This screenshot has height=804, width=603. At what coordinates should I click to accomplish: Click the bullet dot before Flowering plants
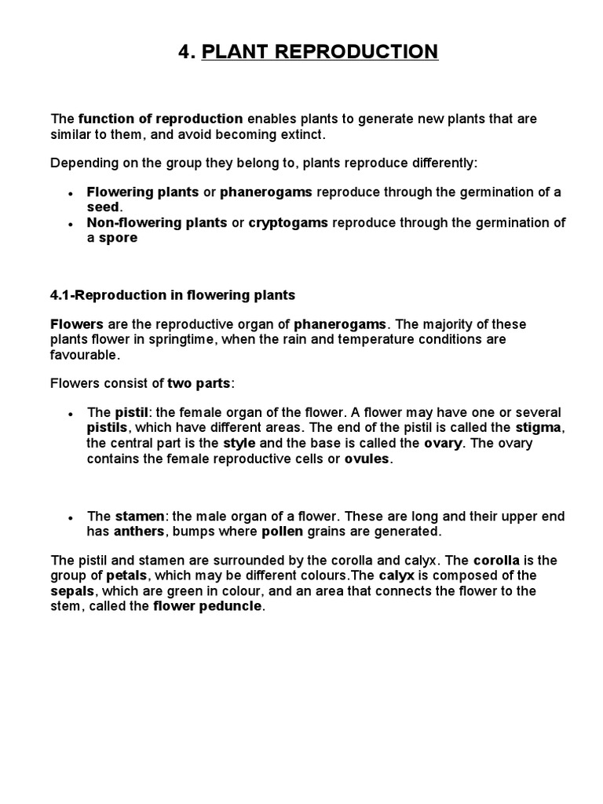(71, 193)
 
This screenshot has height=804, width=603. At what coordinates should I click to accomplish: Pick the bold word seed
(104, 206)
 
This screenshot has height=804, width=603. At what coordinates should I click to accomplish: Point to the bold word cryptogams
(288, 222)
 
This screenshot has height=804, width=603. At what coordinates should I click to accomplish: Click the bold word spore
(118, 237)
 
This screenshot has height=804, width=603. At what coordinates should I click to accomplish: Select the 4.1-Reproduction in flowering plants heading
(173, 295)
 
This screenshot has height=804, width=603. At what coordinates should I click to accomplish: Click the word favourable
(85, 354)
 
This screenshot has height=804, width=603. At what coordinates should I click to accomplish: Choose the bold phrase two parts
(199, 383)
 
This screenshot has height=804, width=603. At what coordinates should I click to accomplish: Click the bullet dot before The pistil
(71, 414)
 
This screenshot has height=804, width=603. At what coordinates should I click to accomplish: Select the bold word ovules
(367, 459)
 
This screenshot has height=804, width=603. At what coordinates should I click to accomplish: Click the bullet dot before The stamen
(71, 517)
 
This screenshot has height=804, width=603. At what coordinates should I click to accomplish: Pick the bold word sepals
(72, 590)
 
